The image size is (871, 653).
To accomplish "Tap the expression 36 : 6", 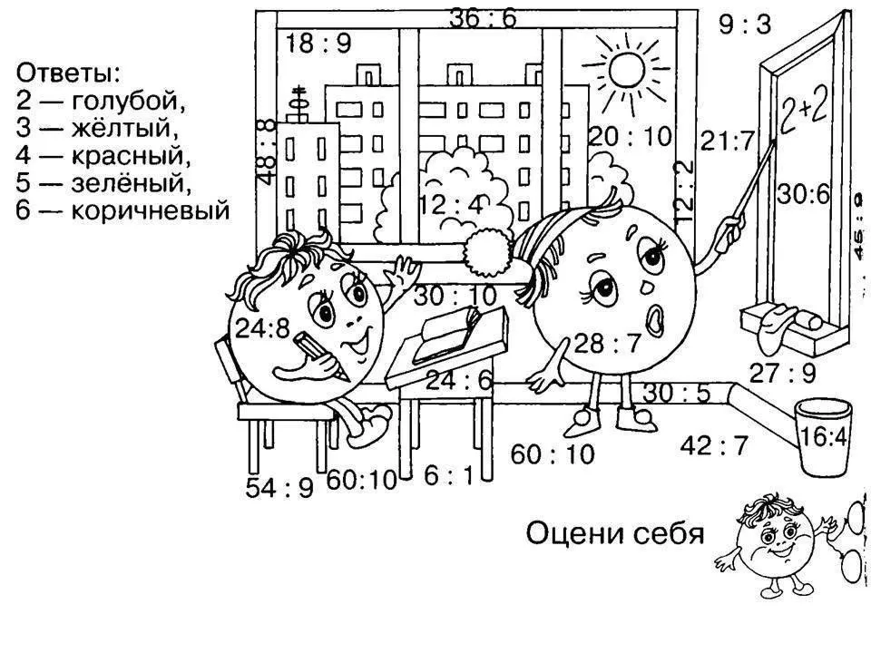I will pos(482,16).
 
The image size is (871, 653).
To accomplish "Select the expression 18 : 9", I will pos(318,43).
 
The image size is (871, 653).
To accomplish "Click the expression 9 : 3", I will pos(744,24).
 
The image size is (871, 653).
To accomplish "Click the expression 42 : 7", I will pos(715,444).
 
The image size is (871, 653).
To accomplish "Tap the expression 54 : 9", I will pos(279,487).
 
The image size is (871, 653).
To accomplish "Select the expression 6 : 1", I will pos(448,475).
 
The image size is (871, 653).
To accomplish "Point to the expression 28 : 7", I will pos(607,342).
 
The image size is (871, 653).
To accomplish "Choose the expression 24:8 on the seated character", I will pos(263,327).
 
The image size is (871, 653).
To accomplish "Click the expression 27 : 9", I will pos(782,371).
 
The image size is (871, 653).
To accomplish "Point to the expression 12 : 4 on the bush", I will pos(451,205).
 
